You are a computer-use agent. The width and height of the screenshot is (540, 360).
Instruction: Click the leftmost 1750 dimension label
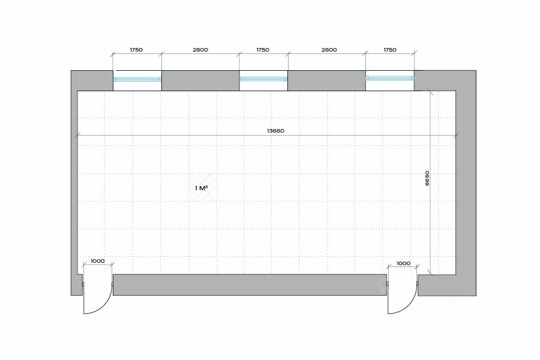tap(136, 50)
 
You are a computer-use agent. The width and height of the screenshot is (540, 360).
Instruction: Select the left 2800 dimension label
tap(200, 50)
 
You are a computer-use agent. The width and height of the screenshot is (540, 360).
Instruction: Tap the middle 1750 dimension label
tap(263, 50)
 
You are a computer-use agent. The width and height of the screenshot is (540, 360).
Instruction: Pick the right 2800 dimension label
tap(329, 50)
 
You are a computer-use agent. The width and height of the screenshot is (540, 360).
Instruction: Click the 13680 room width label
tap(276, 131)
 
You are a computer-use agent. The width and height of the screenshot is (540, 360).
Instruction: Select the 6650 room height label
tap(427, 178)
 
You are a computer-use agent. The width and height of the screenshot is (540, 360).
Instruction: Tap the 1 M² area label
tap(201, 188)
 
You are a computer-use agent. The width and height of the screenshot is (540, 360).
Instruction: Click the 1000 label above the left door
tap(97, 262)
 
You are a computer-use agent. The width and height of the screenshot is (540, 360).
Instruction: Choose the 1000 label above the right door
tap(403, 263)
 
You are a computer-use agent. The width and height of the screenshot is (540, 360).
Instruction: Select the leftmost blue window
tap(137, 79)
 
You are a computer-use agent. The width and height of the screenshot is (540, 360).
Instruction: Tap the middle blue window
tap(263, 79)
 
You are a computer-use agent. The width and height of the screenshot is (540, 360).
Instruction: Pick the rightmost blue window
tap(389, 79)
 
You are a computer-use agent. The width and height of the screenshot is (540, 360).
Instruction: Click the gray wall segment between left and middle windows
tap(200, 80)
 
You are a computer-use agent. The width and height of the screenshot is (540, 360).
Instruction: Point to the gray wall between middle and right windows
tap(326, 80)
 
